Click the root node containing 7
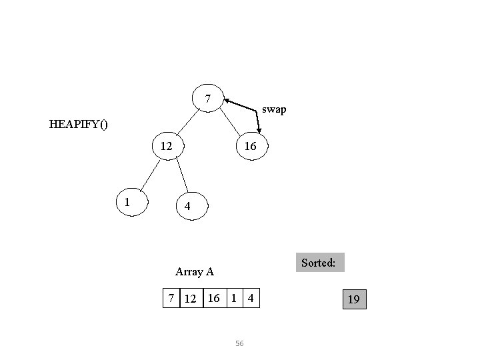208,99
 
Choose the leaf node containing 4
189,207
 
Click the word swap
274,109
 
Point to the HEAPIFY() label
79,123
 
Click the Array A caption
194,271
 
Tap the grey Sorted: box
318,263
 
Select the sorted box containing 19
354,299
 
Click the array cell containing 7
173,298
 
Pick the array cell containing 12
191,298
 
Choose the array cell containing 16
213,298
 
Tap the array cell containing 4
251,298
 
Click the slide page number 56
240,343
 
